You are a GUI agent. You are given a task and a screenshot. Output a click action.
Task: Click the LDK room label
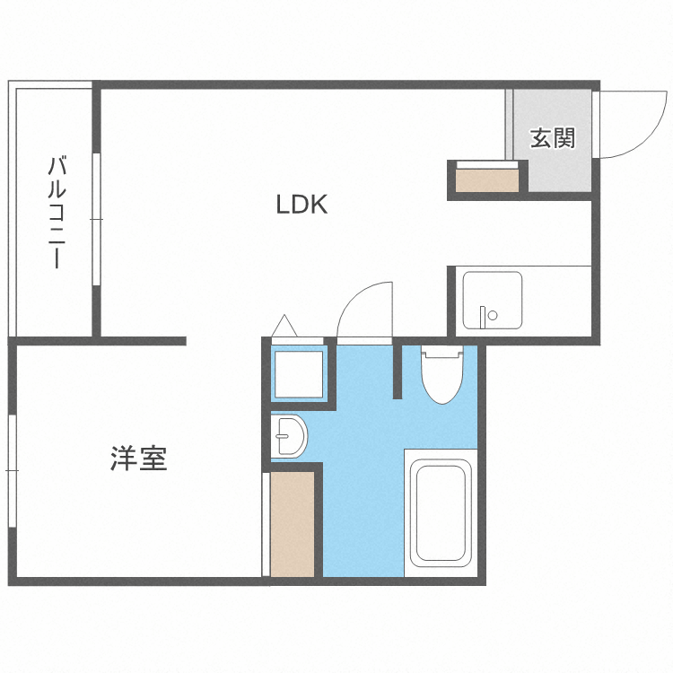point(302,205)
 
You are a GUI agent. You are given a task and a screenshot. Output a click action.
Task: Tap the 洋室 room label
point(139,459)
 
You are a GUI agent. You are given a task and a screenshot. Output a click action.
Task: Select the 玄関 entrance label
point(552,139)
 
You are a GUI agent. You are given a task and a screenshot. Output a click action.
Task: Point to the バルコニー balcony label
point(56,213)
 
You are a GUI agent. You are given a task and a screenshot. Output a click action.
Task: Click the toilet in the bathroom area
point(441,376)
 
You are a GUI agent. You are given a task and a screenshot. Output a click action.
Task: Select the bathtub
point(440,514)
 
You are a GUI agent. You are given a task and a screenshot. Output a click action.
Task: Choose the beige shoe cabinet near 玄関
point(485,180)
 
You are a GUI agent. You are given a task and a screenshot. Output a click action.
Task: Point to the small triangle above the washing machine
point(284,325)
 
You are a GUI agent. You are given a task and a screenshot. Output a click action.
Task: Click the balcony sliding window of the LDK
point(95,220)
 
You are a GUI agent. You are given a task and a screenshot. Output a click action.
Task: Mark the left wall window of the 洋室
point(11,471)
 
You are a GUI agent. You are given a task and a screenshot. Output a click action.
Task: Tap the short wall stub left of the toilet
point(396,370)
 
